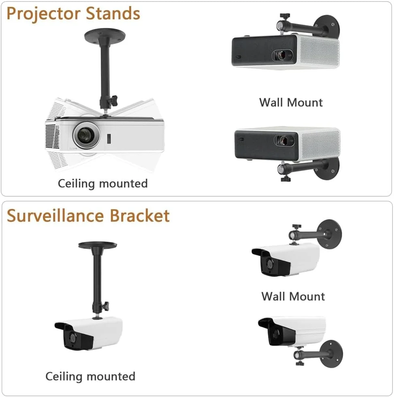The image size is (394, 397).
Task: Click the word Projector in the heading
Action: [x=43, y=14]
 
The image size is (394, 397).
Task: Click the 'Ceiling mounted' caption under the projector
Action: [x=102, y=183]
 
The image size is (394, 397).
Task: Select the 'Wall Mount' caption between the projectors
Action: [x=291, y=102]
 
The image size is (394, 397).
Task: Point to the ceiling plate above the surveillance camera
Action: [x=97, y=245]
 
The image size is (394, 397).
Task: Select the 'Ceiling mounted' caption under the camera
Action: [x=90, y=376]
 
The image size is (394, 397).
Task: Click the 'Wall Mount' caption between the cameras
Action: [x=293, y=296]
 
